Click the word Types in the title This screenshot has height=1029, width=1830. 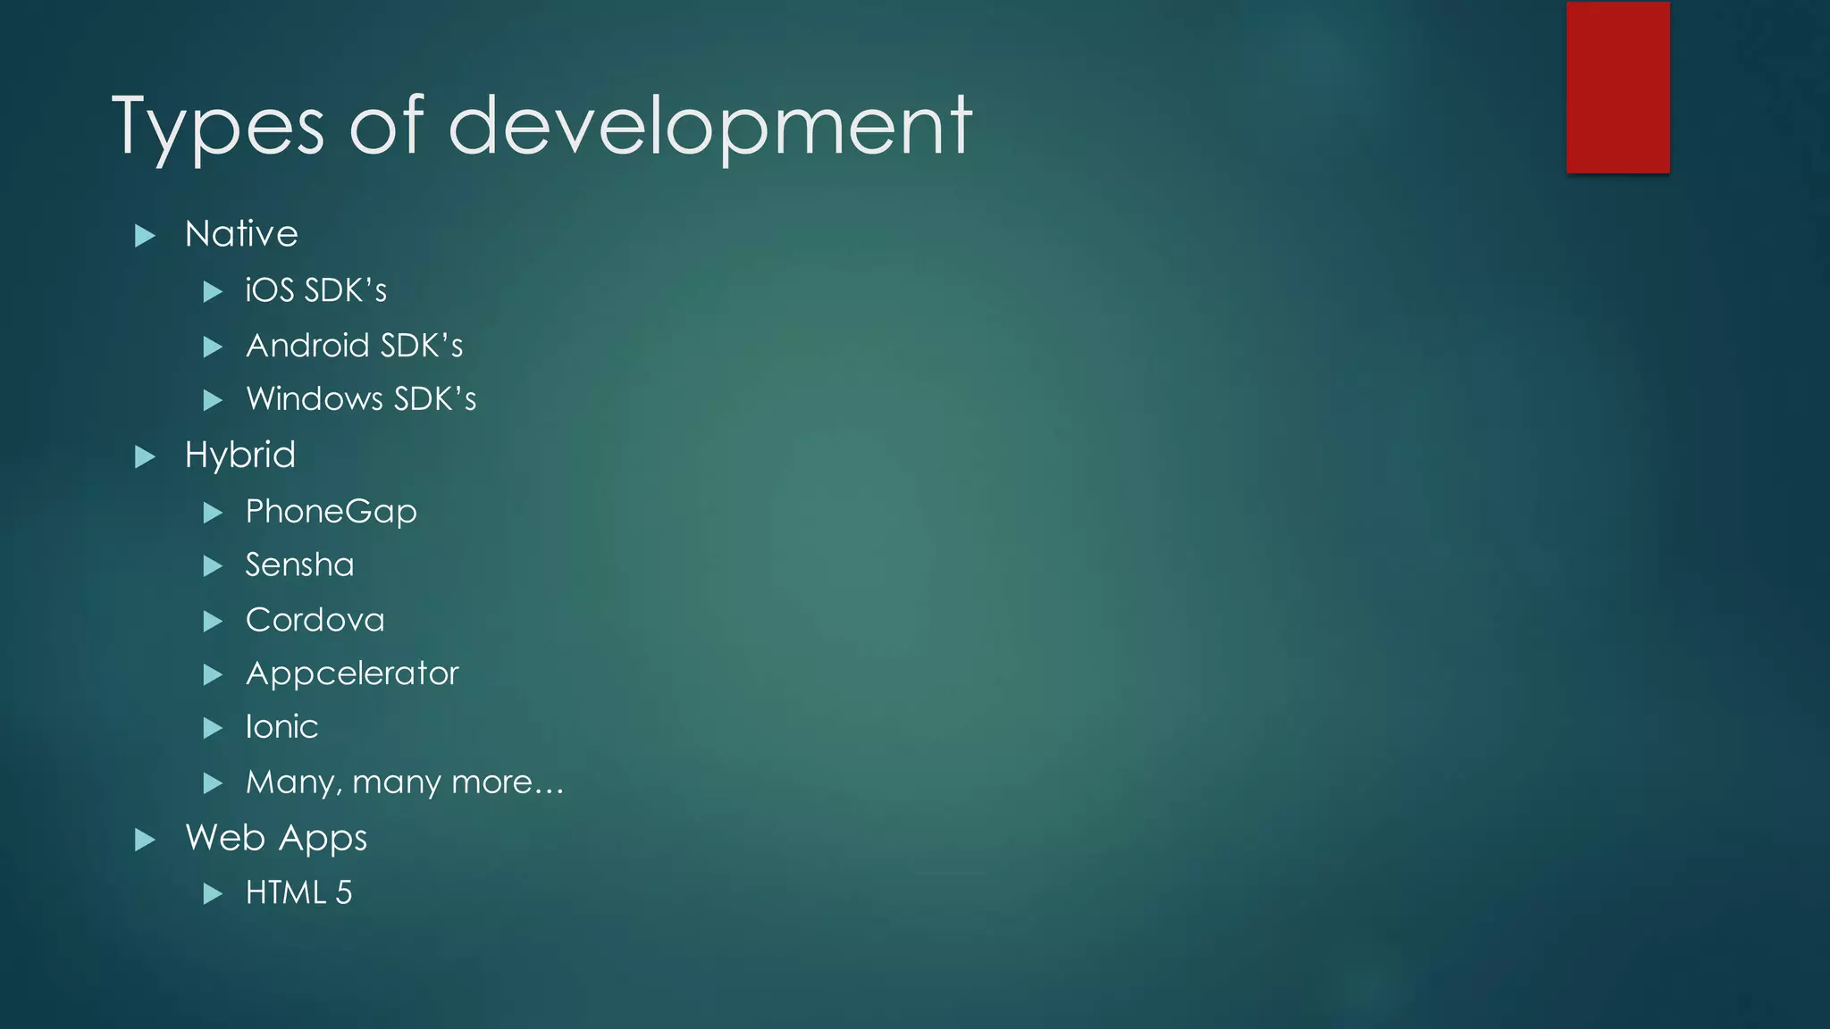[x=217, y=127]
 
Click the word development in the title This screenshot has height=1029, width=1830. [x=709, y=127]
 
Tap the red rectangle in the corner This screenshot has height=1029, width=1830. [x=1617, y=88]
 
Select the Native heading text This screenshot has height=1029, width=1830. [x=241, y=234]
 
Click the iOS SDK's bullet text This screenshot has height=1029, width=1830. [x=316, y=290]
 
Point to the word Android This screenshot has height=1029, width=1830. [x=307, y=346]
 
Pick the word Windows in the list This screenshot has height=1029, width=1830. [x=315, y=399]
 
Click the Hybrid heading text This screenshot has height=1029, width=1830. [x=239, y=456]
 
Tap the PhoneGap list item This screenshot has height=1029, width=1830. [x=331, y=512]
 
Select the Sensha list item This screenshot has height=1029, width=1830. [x=299, y=565]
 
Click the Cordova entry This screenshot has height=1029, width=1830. [x=315, y=620]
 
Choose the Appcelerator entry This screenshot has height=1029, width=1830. [x=352, y=673]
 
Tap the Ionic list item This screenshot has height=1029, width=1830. [x=281, y=727]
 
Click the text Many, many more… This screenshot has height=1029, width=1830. [x=404, y=782]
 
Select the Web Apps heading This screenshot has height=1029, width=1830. [x=276, y=838]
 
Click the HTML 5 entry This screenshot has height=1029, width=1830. [x=298, y=892]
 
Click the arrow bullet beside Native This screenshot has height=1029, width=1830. [x=145, y=236]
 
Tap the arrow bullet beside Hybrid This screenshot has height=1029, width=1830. [x=145, y=457]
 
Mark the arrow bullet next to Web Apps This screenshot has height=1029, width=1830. [x=145, y=840]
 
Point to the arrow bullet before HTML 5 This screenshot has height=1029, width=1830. [x=213, y=894]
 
